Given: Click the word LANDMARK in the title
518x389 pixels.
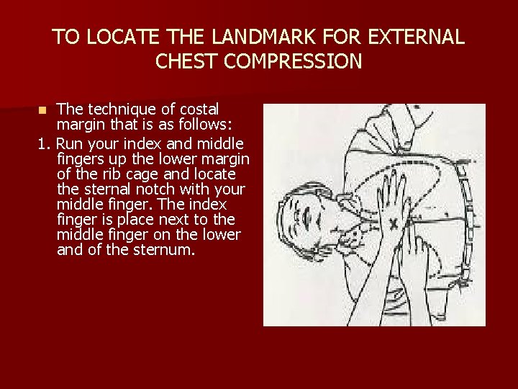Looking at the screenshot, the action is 263,37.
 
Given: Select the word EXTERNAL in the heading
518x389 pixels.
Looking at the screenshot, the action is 416,37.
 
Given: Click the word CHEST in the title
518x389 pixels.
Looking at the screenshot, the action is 186,61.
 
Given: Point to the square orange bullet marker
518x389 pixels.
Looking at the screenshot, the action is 42,110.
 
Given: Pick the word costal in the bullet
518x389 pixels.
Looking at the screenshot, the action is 199,109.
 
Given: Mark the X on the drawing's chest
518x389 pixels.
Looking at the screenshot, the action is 393,224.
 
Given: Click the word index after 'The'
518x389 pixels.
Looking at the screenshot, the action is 207,204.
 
